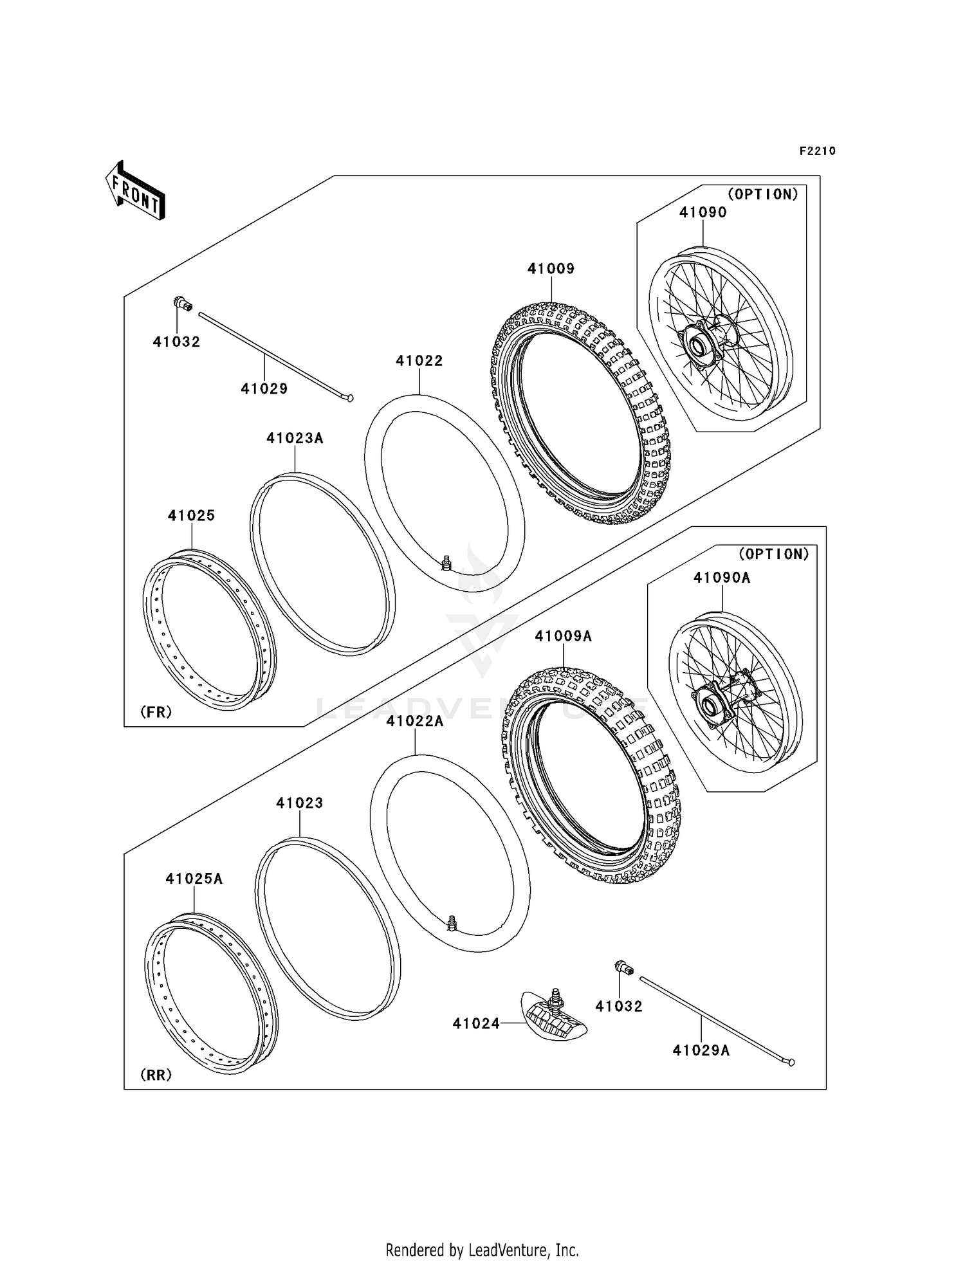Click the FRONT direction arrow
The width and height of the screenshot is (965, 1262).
[x=136, y=191]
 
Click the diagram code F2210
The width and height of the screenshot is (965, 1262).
[x=817, y=151]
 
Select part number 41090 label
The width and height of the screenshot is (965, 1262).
[x=703, y=212]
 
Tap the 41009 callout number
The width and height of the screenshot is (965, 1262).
[x=551, y=269]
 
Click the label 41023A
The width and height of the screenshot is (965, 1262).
[x=295, y=439]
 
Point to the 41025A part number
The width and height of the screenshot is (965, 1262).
[x=194, y=879]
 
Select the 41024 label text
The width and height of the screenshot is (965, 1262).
[x=475, y=1023]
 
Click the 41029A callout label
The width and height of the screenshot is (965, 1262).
[x=701, y=1050]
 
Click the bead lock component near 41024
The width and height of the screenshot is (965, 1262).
[x=553, y=1021]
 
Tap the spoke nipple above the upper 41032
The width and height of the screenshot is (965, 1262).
[x=183, y=303]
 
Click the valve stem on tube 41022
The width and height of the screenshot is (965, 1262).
[x=446, y=563]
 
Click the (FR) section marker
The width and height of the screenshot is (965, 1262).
[x=156, y=712]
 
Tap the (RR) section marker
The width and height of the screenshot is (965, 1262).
[x=156, y=1075]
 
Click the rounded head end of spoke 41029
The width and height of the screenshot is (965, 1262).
[x=349, y=399]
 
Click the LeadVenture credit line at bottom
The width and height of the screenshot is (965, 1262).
[x=482, y=1250]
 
